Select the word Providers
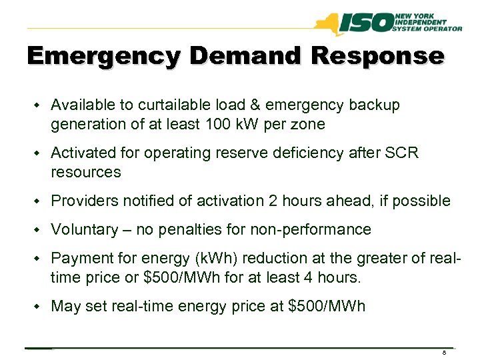81,201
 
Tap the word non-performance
319,230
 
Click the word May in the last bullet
65,307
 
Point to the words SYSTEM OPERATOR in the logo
429,29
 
